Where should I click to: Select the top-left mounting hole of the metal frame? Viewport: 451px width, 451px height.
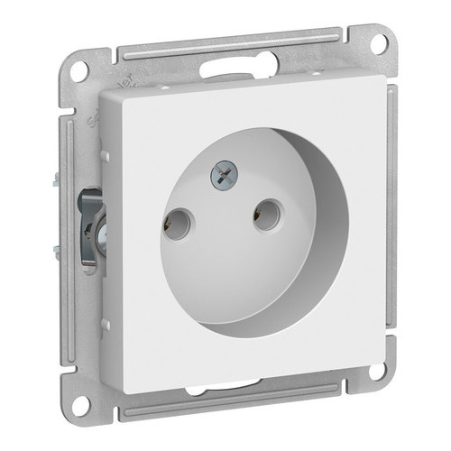[80, 71]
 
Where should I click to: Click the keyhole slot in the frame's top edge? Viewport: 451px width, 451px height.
[233, 65]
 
